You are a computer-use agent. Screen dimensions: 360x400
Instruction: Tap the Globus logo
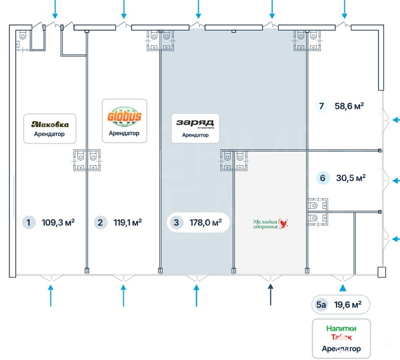[x=124, y=117]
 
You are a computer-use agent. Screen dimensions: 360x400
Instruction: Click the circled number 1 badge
[x=29, y=222]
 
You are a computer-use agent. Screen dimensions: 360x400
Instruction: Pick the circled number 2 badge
[x=100, y=222]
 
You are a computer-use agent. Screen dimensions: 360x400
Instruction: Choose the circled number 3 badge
[x=176, y=223]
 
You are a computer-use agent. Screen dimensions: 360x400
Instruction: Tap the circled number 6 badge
[x=322, y=178]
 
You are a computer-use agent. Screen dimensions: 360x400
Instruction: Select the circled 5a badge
[x=321, y=304]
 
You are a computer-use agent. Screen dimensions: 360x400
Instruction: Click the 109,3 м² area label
[x=58, y=222]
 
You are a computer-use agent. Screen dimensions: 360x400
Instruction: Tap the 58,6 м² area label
[x=349, y=106]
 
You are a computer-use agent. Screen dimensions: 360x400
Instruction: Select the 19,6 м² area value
[x=348, y=304]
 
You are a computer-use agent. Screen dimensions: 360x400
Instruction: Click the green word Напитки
[x=341, y=329]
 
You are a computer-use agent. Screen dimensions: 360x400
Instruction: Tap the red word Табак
[x=341, y=338]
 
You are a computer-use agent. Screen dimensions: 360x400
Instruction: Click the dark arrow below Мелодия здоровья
[x=270, y=293]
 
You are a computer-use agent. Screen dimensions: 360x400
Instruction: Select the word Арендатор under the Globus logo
[x=124, y=133]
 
